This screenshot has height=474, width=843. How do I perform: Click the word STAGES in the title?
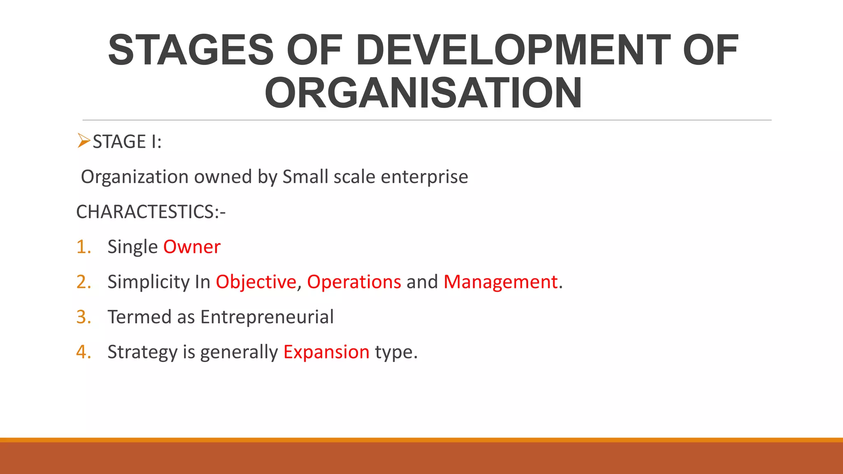(x=191, y=50)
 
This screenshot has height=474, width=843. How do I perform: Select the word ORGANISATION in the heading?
(x=423, y=93)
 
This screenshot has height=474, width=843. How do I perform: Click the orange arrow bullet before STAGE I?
(x=83, y=141)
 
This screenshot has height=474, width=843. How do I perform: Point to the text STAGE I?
(x=127, y=142)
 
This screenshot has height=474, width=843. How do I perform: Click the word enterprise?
(x=424, y=177)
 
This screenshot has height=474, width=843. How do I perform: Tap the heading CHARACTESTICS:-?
(x=151, y=212)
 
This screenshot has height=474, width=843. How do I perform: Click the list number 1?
(x=83, y=247)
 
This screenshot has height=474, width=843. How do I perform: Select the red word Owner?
(x=192, y=247)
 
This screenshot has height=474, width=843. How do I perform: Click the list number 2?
(x=83, y=282)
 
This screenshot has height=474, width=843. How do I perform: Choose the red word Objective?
(x=256, y=282)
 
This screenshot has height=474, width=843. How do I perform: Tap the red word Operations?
(x=354, y=282)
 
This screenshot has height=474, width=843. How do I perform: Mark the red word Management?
(x=501, y=282)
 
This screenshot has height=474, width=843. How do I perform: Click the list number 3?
(x=83, y=317)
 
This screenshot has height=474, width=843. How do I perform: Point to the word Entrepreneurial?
(x=267, y=317)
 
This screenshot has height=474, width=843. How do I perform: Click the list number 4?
(x=83, y=352)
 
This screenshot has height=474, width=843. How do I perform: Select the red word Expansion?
(x=326, y=352)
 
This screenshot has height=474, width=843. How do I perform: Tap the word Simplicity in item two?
(x=148, y=282)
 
